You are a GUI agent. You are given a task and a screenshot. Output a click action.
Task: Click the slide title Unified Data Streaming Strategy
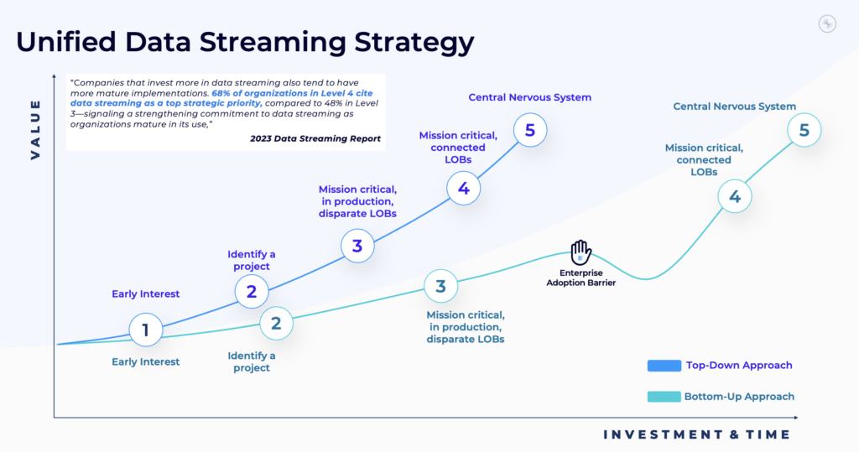tap(245, 42)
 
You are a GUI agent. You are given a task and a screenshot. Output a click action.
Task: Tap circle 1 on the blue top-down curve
tap(145, 330)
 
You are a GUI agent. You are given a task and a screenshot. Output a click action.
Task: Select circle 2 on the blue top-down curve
tap(251, 291)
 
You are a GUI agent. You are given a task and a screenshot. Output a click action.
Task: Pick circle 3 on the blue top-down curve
tap(357, 246)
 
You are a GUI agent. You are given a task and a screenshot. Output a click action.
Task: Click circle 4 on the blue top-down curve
tap(463, 188)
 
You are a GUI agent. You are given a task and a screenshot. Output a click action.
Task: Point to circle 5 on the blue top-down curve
tap(530, 130)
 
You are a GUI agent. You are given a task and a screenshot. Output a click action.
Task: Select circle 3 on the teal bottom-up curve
tap(440, 287)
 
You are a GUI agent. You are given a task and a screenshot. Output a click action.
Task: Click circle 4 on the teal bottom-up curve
tap(735, 197)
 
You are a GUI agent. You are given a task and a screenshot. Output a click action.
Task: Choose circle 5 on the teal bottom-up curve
tap(804, 130)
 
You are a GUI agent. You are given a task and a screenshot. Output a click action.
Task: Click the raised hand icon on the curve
tap(580, 252)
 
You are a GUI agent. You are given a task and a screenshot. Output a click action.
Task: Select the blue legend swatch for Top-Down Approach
tap(664, 366)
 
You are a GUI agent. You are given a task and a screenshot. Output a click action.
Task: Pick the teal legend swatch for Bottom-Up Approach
tap(664, 397)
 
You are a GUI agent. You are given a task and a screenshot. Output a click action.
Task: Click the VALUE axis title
tap(35, 128)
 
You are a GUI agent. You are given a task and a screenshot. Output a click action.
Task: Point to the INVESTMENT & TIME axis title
tap(696, 434)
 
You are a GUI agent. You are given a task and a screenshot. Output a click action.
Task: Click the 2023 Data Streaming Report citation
tap(315, 138)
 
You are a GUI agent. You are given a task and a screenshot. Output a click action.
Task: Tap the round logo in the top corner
tap(827, 24)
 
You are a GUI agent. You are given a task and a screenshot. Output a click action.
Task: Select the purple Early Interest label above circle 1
tap(146, 294)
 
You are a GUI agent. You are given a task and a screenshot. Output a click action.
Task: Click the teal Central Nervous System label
tap(735, 107)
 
